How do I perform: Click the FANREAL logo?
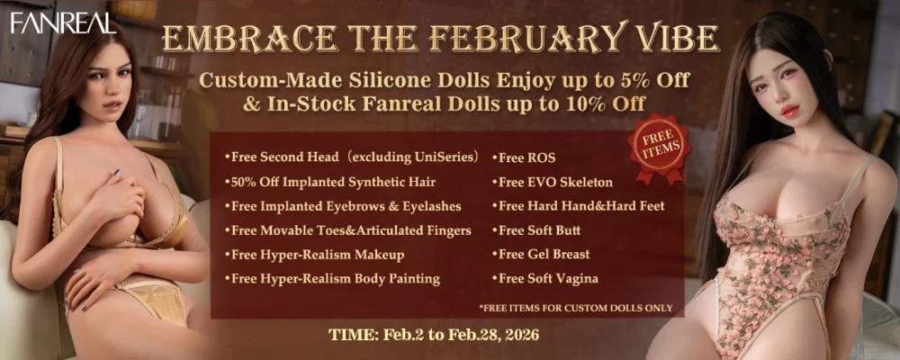coord(63,22)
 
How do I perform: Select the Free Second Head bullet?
coord(352,157)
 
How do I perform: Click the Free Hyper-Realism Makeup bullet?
coord(314,255)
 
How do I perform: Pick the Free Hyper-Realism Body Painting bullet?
coord(332,279)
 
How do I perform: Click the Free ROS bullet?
coord(524,157)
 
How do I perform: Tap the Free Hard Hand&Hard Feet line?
coord(578,206)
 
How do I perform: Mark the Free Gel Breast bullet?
coord(541,255)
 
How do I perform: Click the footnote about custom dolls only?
coord(576,308)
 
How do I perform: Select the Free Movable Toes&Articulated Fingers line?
coord(347,230)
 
